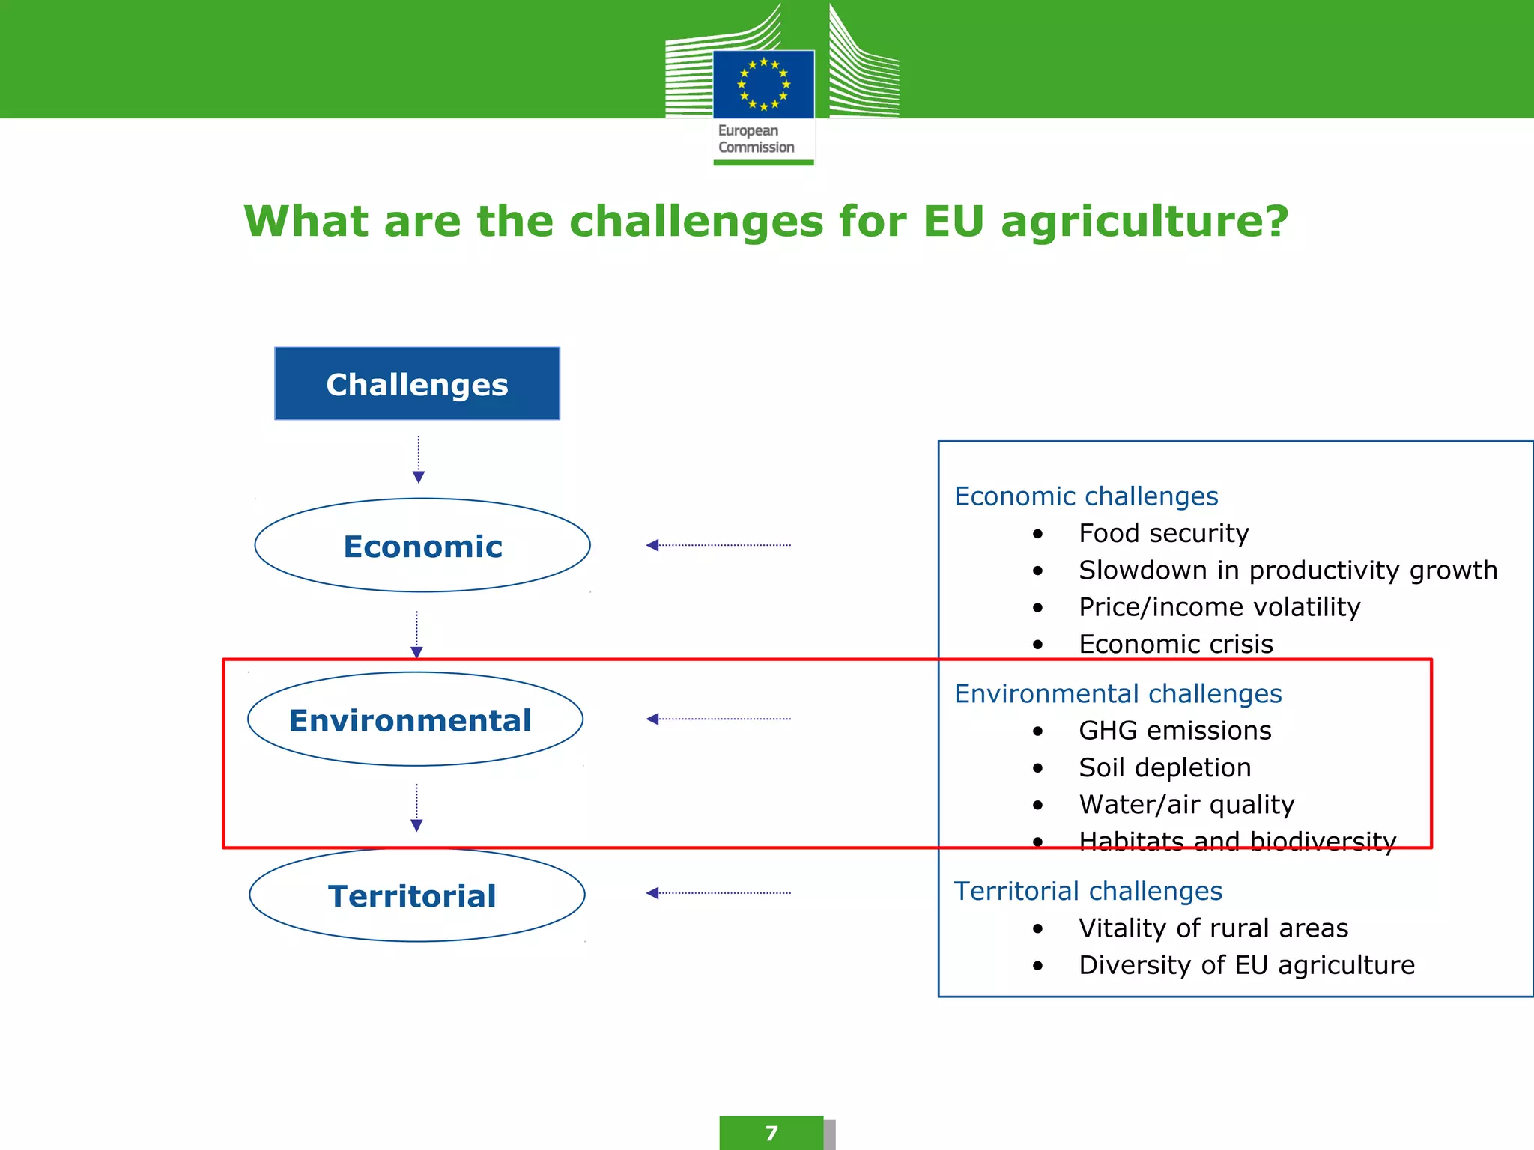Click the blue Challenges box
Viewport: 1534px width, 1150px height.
coord(417,383)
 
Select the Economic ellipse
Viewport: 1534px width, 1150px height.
coord(422,546)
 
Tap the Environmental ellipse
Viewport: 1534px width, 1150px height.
coord(415,719)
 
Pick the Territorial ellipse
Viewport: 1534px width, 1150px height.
coord(416,895)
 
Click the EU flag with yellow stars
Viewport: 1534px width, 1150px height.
coord(763,84)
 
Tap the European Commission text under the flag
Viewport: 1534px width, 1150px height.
coord(756,139)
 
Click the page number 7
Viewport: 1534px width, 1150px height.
coord(771,1134)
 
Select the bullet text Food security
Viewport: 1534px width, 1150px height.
coord(1163,533)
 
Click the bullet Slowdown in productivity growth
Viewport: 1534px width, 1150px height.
coord(1288,571)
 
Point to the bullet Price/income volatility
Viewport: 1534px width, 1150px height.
coord(1219,607)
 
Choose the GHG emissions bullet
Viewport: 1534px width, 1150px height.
coord(1174,731)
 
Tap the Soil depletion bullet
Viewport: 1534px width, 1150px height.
coord(1165,767)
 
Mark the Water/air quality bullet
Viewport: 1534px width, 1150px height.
coord(1186,804)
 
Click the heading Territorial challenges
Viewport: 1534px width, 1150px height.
coord(1088,891)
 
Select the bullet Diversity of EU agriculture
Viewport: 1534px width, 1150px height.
coord(1246,965)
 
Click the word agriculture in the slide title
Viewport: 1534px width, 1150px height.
coord(1144,222)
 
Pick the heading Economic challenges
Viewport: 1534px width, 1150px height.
coord(1086,496)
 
